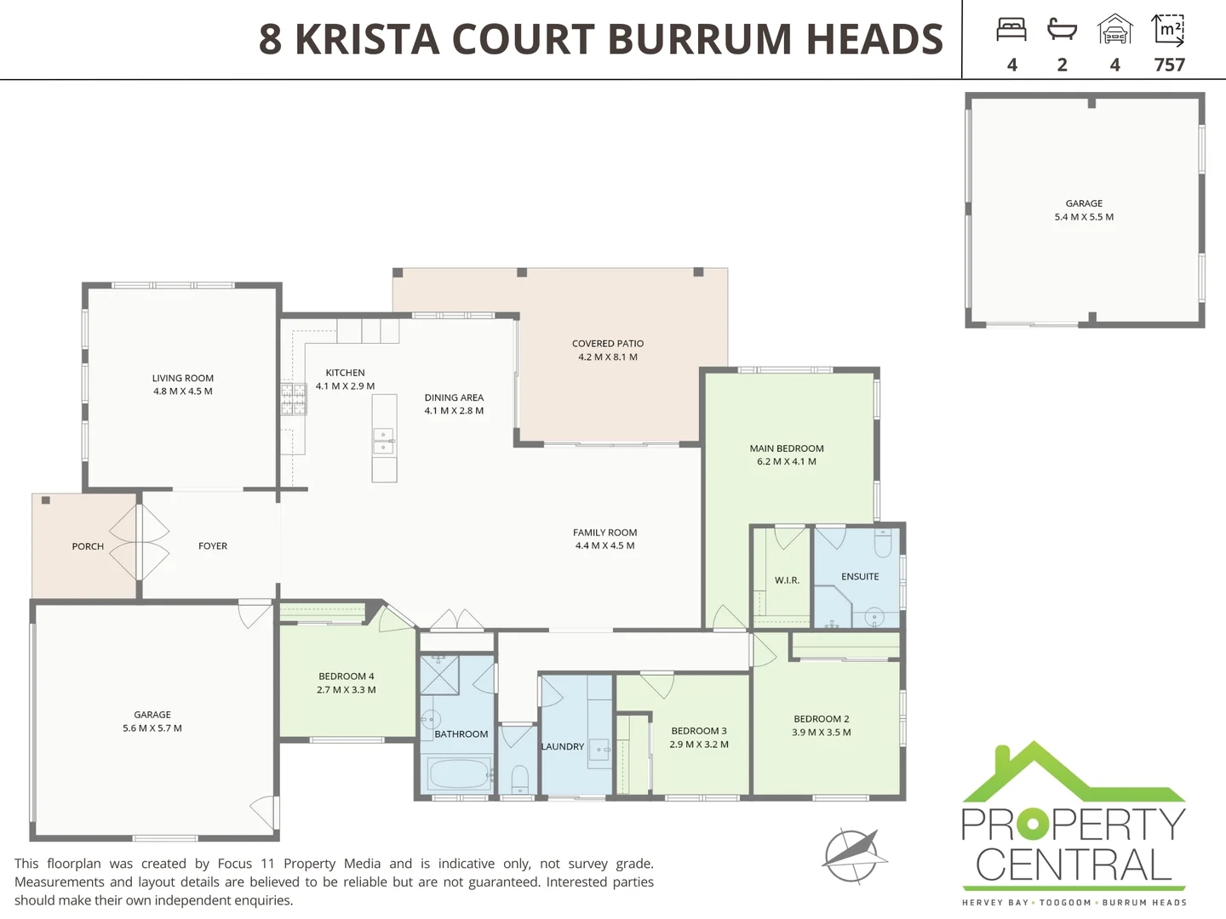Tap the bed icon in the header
click(x=1011, y=30)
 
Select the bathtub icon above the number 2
click(x=1062, y=30)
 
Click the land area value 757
click(x=1169, y=65)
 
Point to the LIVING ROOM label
click(x=183, y=378)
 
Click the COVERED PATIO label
click(x=608, y=344)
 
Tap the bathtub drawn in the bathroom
click(x=458, y=774)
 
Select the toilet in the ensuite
click(x=883, y=542)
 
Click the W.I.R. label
click(x=787, y=580)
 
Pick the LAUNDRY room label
click(x=563, y=746)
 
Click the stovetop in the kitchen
click(x=294, y=399)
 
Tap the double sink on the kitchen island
click(x=384, y=441)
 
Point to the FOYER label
click(x=213, y=546)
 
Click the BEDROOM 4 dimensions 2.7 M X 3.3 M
click(x=347, y=690)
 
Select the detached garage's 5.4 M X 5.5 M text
click(x=1084, y=217)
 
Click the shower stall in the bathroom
click(x=440, y=675)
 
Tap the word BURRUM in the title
click(x=700, y=39)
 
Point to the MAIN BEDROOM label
click(x=787, y=448)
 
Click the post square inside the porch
click(x=46, y=500)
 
